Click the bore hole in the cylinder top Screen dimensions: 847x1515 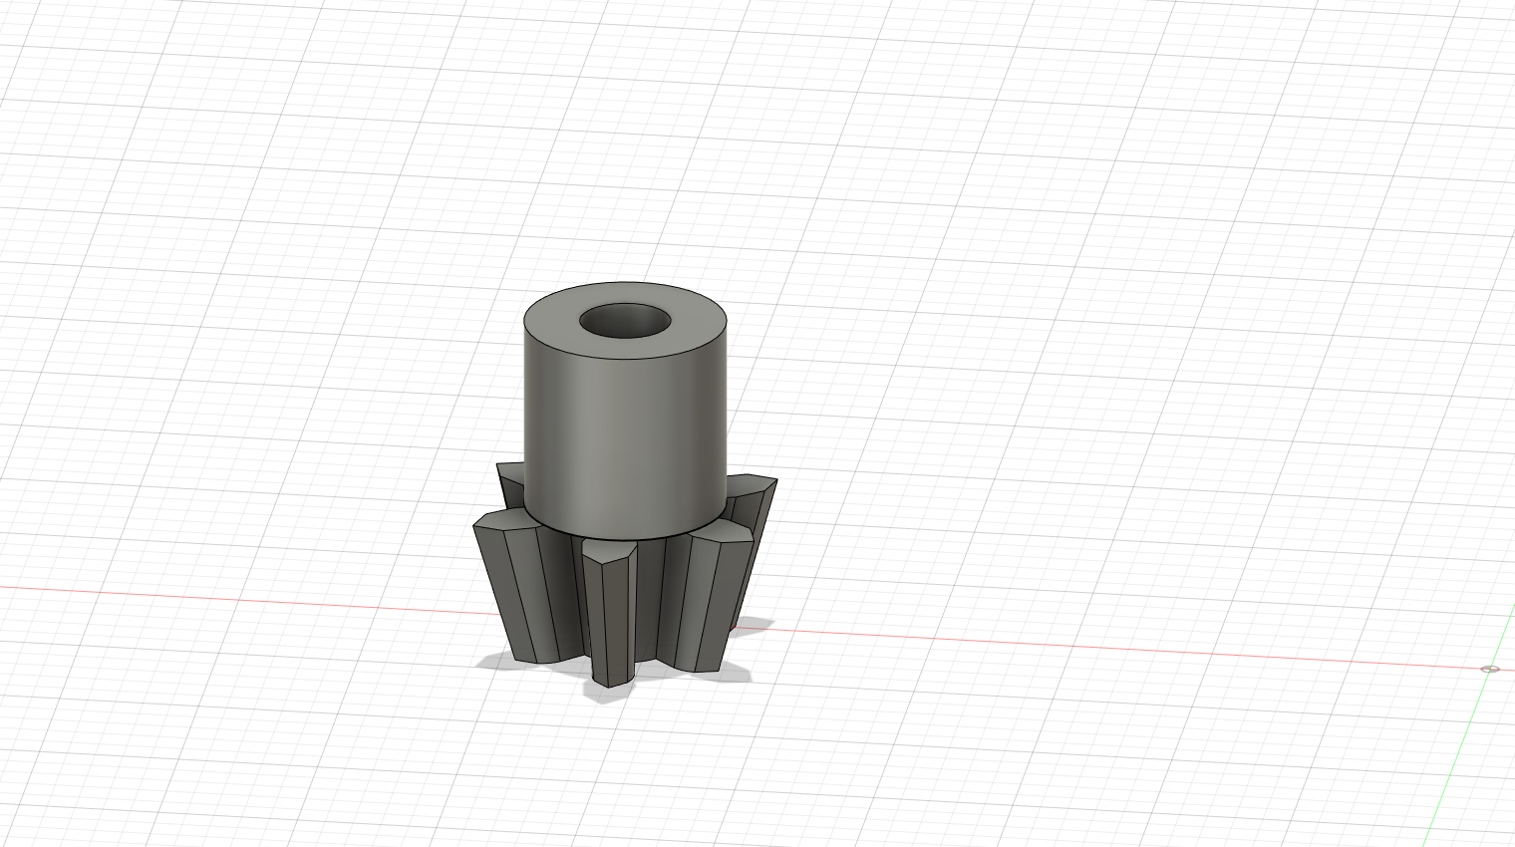click(625, 321)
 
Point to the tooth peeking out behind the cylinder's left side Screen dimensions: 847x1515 click(510, 476)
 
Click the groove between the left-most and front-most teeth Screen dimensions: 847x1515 click(564, 598)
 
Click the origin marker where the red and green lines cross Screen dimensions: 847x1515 click(1489, 669)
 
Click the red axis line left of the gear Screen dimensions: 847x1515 click(249, 597)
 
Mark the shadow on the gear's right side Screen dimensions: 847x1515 click(752, 625)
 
